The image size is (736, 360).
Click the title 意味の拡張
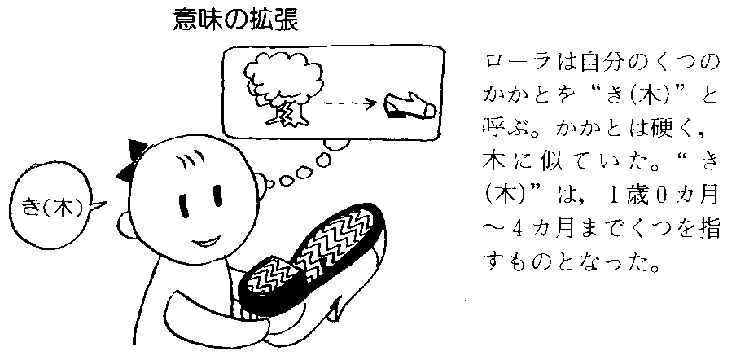(236, 20)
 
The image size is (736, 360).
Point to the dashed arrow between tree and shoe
(345, 104)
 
